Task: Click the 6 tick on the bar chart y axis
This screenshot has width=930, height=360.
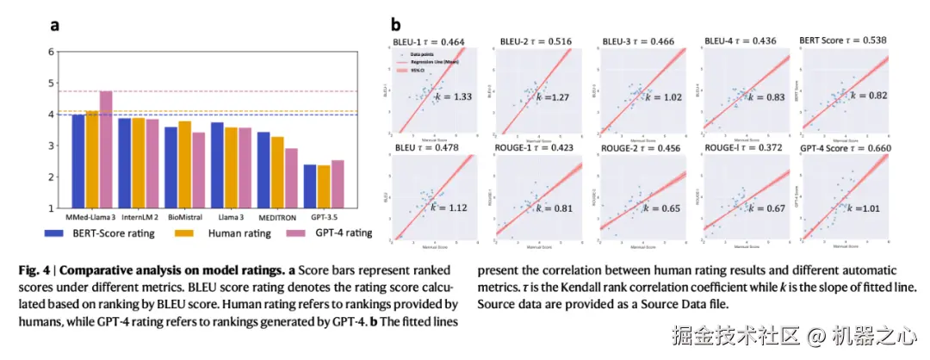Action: click(x=50, y=52)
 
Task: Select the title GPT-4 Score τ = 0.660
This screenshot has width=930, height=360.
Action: click(x=843, y=147)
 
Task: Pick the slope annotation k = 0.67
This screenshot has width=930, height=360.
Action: click(x=762, y=208)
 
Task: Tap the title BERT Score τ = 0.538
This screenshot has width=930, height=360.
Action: click(x=843, y=41)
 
